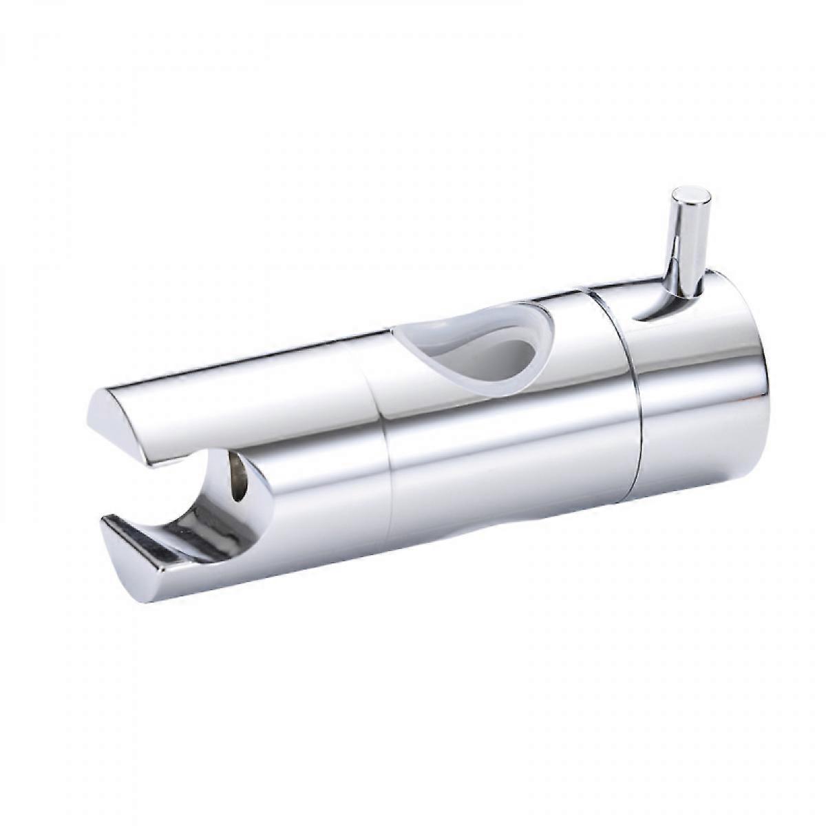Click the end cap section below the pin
[695, 413]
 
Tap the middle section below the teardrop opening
[509, 468]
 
